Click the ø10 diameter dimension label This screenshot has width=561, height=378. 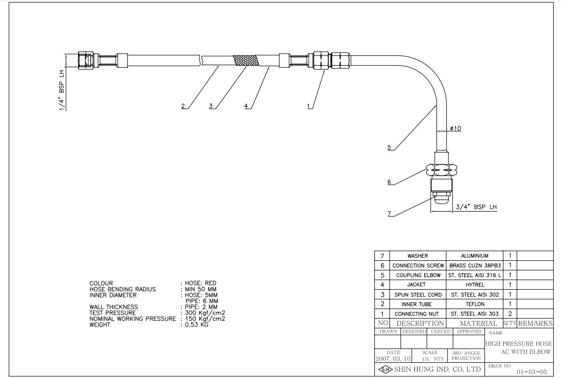(455, 128)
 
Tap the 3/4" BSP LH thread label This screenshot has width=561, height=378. (476, 207)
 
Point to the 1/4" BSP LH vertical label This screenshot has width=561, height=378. (62, 90)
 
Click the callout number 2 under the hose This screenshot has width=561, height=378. (183, 106)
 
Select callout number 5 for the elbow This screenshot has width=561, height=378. (389, 148)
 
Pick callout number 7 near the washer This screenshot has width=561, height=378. (389, 214)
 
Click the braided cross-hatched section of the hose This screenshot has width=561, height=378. (246, 61)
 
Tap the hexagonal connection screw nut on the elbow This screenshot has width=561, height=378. (441, 170)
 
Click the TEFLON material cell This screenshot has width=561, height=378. (474, 304)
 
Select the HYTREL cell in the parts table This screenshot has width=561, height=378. (474, 285)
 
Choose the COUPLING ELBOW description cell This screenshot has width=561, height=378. (418, 275)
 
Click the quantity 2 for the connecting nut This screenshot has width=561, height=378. (510, 314)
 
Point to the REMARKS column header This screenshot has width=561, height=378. (535, 323)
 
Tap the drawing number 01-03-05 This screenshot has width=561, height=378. (532, 372)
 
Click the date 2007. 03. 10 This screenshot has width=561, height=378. (393, 359)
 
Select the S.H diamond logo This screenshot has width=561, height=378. (385, 369)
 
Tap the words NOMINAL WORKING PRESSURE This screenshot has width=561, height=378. (132, 319)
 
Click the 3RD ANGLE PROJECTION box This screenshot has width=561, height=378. (466, 355)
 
